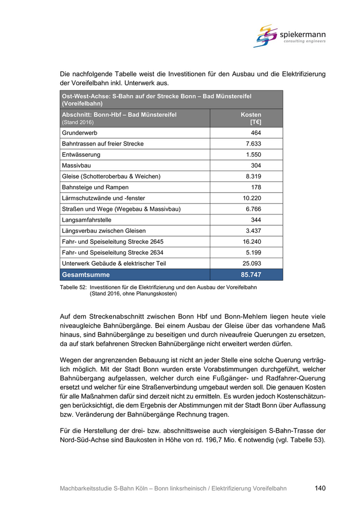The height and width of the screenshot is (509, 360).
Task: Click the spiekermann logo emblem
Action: [265, 36]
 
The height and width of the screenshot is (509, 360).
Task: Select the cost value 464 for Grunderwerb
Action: [256, 133]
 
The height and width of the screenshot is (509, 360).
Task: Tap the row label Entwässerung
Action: [81, 155]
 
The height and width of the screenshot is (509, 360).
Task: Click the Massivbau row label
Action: [75, 166]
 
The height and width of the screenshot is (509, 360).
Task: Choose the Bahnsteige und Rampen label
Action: [95, 187]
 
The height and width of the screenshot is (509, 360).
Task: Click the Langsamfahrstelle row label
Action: [86, 220]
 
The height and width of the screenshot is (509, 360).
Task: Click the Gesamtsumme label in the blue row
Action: [86, 275]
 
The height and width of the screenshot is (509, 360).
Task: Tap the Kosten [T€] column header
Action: [251, 118]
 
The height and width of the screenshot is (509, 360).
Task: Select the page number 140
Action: [320, 488]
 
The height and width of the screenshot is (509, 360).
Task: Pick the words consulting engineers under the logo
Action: [304, 41]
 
